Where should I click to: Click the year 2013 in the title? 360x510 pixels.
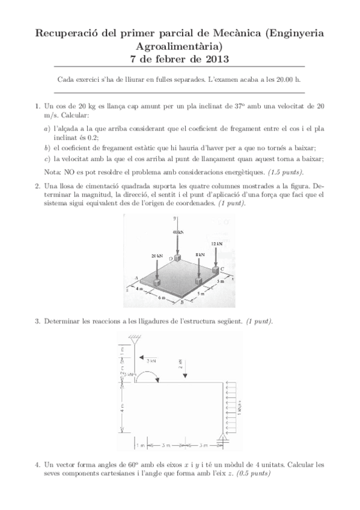click(216, 59)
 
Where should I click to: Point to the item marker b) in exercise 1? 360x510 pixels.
click(47, 148)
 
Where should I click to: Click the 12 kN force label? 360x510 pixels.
click(217, 243)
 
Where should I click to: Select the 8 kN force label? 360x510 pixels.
click(201, 255)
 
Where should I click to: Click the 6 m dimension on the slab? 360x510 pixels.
click(161, 298)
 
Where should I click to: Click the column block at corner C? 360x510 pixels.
click(217, 271)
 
